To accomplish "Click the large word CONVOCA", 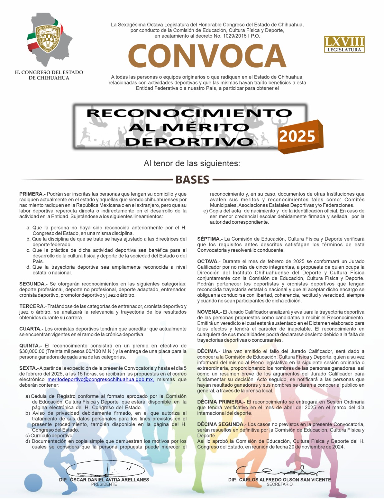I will point(207,56).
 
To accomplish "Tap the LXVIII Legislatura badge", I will point(344,44).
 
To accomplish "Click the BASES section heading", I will point(192,180).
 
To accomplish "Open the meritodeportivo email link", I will point(101,380).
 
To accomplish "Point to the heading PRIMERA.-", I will point(32,194).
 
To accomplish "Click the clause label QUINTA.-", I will point(31,346).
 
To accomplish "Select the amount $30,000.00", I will point(32,351).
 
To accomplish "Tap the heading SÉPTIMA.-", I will point(210,239).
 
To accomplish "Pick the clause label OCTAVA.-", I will point(209,261).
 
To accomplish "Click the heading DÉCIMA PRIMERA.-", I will point(221,402).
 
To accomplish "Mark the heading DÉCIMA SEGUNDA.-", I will point(222,424).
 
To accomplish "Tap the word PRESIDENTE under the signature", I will point(104,484).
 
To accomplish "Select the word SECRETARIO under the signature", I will point(279,484).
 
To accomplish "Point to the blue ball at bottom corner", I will point(33,482).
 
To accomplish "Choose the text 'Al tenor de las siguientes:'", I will point(192,163).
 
